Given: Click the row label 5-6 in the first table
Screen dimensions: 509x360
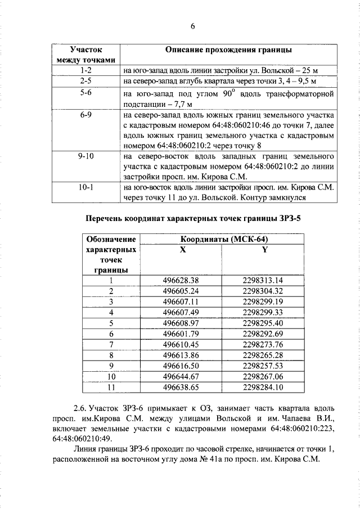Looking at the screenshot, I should [86, 92].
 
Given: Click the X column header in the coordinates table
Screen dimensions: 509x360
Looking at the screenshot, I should [182, 250].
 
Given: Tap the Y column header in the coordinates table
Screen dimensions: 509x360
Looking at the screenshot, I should [264, 250].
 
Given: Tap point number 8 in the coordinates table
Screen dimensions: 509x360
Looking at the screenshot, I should [111, 355].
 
